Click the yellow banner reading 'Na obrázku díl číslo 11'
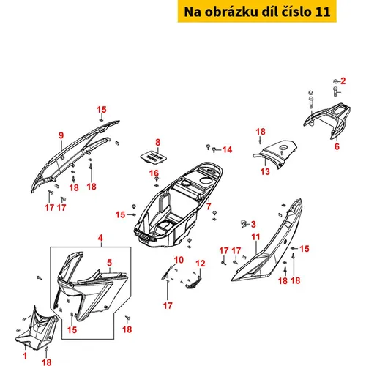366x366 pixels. [257, 11]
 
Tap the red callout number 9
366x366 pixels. [61, 135]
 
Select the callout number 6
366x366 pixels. [337, 146]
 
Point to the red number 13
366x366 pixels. [265, 171]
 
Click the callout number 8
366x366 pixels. [158, 142]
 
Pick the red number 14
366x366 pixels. [227, 149]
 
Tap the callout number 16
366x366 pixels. [154, 173]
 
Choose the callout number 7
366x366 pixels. [209, 206]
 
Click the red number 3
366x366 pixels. [253, 224]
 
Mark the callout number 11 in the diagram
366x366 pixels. [255, 236]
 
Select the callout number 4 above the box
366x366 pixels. [100, 238]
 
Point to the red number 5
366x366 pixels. [110, 263]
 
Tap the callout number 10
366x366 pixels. [179, 260]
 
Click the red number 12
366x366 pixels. [201, 264]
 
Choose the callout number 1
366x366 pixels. [25, 356]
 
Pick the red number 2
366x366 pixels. [343, 81]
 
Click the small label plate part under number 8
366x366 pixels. [154, 156]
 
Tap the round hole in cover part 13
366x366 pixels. [284, 148]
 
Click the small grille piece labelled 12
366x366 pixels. [194, 283]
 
